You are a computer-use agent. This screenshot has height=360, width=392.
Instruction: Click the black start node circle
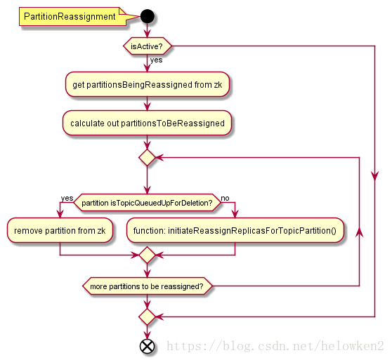tap(148, 16)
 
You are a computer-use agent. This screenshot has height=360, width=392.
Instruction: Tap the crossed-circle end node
tap(147, 346)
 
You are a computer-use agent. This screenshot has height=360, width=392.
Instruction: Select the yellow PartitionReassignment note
tap(72, 16)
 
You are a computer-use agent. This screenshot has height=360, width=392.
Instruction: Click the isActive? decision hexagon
tap(148, 46)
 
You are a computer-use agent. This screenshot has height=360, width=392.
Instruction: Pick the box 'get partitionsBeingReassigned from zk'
tap(148, 84)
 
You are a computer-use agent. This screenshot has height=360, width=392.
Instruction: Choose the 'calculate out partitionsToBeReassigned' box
tap(148, 123)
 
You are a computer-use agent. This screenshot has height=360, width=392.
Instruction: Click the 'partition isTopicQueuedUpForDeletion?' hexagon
tap(148, 203)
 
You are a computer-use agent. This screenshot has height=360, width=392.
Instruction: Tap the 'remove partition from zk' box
tap(60, 230)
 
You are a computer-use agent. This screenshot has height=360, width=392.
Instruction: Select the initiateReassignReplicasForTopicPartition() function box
tap(235, 230)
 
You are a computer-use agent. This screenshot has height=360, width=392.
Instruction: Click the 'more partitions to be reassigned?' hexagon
tap(148, 286)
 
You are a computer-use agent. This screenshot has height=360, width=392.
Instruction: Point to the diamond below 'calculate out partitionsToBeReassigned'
tap(148, 157)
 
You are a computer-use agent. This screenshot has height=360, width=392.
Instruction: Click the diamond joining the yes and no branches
tap(148, 255)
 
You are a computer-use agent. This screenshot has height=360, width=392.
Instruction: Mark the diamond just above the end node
tap(148, 316)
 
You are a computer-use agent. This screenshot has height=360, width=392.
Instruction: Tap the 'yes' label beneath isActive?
tap(156, 60)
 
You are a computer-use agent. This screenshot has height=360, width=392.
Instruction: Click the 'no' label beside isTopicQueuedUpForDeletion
tap(225, 198)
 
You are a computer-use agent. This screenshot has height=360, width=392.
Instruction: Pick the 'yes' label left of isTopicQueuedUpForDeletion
tap(67, 198)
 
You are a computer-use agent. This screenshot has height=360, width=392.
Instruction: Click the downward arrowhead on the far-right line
tap(375, 175)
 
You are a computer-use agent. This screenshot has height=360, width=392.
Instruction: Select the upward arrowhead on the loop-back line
tap(360, 232)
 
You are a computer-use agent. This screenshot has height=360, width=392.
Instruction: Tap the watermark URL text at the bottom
tap(275, 346)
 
